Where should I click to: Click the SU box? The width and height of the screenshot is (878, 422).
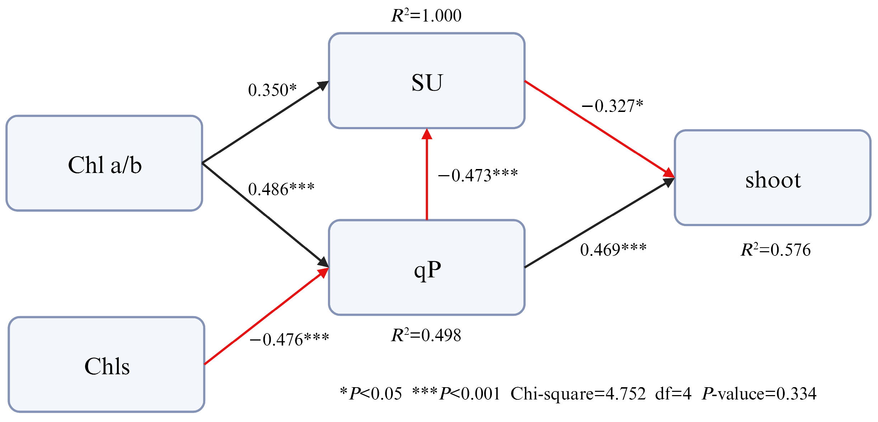427,81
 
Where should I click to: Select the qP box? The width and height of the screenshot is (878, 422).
427,267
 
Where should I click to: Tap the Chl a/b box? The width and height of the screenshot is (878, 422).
104,163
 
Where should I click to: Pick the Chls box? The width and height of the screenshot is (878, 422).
107,365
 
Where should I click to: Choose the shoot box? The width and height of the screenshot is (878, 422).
773,178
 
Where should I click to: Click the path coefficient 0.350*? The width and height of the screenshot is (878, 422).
272,90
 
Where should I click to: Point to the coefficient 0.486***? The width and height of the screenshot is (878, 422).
281,189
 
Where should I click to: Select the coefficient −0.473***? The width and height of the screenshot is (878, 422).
478,175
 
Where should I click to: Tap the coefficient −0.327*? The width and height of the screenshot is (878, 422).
612,105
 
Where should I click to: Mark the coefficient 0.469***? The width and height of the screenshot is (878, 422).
613,249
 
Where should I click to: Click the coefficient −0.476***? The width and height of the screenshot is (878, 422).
289,339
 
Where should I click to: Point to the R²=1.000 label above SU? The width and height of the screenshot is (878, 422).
426,15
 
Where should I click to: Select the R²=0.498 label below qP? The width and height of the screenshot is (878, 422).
426,335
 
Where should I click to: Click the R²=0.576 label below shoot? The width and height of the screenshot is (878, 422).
776,250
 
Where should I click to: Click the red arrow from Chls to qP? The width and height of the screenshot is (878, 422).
266,316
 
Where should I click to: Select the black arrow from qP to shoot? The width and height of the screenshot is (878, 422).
599,222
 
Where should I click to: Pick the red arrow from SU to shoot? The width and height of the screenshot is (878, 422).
599,129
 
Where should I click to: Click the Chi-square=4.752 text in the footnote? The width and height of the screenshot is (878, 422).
578,394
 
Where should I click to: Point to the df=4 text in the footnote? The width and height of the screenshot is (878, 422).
673,394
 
